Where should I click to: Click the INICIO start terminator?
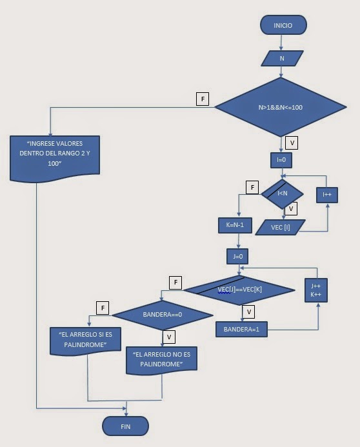(283, 25)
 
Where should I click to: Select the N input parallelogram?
(282, 58)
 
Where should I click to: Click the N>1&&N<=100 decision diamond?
(280, 107)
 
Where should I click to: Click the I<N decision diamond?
(282, 192)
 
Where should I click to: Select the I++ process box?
(326, 194)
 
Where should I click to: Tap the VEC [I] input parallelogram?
(281, 226)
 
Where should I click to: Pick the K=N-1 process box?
(239, 225)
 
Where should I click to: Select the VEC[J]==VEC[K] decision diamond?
(239, 290)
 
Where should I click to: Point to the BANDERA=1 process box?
(241, 329)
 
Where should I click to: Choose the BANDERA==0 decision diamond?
(163, 315)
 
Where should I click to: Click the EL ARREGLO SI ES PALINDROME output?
(86, 341)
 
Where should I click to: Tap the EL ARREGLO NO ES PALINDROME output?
(162, 360)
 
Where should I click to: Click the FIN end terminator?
(125, 426)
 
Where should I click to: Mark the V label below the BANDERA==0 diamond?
(169, 337)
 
